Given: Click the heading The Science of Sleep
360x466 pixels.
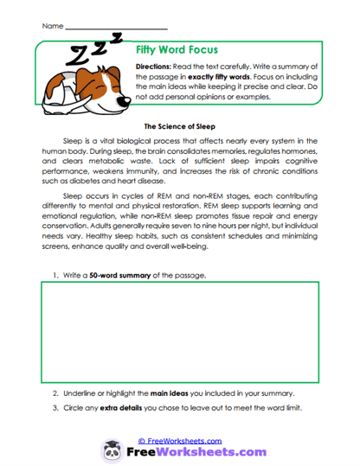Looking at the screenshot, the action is click(179, 124).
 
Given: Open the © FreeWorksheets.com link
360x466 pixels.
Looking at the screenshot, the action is click(180, 440).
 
